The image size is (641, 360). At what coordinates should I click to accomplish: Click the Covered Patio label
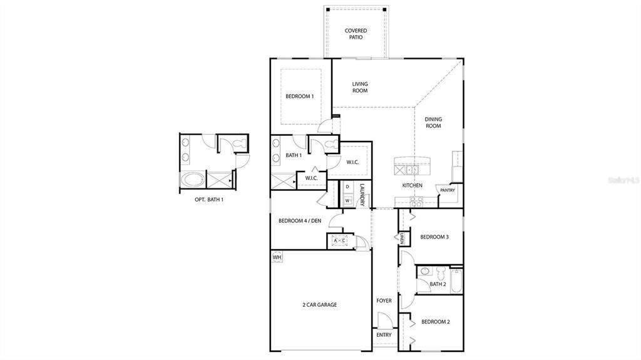coord(356,34)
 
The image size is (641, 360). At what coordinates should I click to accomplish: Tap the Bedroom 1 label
coord(299,96)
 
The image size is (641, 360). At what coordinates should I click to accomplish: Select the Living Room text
coord(359,87)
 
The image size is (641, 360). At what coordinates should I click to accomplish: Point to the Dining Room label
coord(433,123)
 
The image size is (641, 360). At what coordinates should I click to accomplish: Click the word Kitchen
coord(412,185)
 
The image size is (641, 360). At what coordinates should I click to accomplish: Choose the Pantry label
coord(447,190)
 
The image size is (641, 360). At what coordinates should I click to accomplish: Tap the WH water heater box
coord(277,257)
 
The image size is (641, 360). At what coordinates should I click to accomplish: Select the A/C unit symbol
coord(339,240)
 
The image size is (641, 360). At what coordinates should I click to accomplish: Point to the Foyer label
coord(384,301)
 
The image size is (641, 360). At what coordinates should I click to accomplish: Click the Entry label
coord(384,335)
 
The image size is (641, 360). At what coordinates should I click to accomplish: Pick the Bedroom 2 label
coord(436,322)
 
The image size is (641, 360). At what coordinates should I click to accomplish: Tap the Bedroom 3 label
coord(435,237)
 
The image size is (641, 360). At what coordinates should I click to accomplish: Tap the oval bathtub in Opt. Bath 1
coord(192,180)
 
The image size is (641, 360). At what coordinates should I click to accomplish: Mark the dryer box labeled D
coord(347,187)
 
